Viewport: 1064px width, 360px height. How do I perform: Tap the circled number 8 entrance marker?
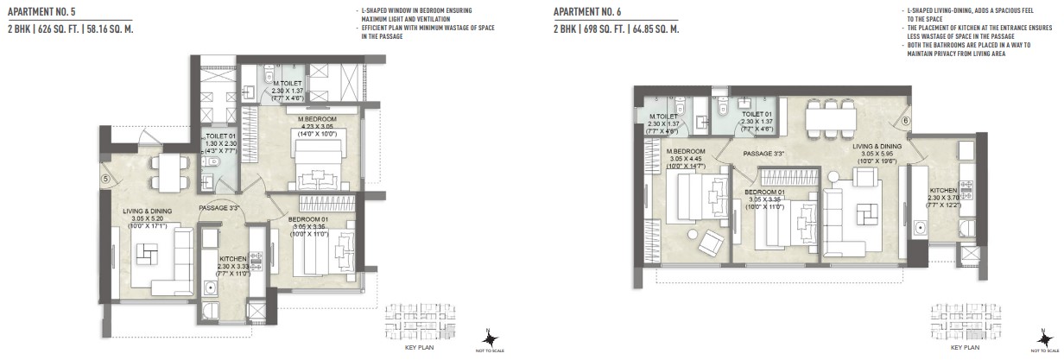click(x=902, y=122)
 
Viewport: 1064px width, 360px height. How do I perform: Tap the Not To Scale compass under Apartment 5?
click(x=489, y=338)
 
